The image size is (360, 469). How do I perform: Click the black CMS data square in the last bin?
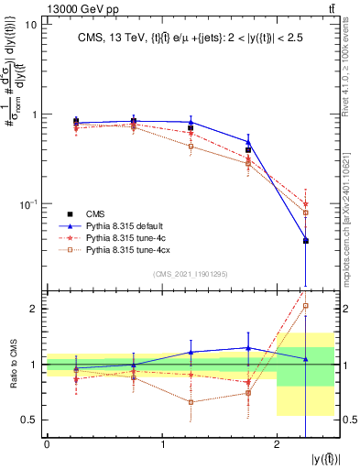click(306, 241)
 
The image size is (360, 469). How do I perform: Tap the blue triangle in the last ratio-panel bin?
click(306, 359)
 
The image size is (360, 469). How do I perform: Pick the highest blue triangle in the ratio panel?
click(248, 347)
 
